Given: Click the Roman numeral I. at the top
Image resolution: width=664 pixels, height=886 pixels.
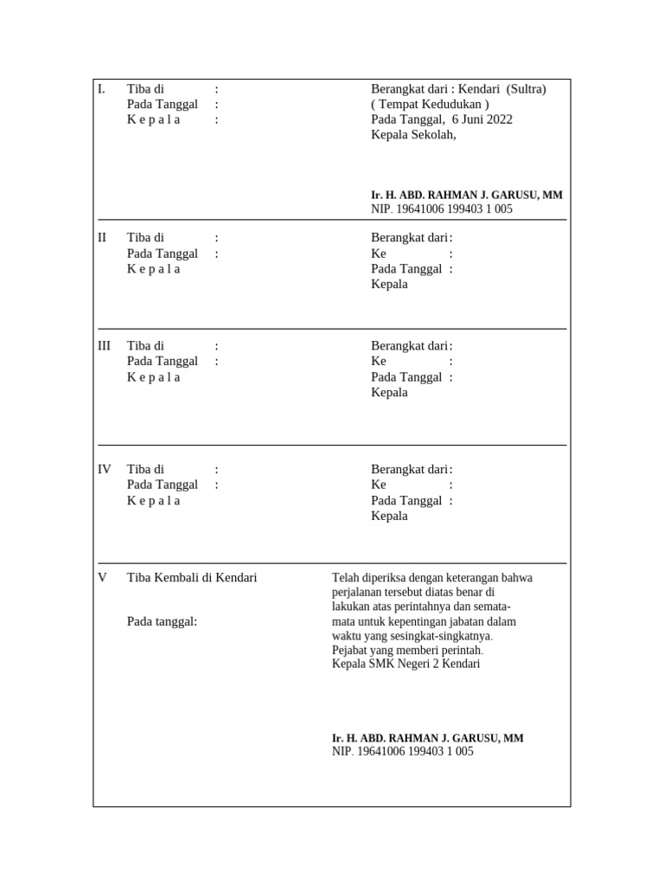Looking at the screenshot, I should click(101, 89).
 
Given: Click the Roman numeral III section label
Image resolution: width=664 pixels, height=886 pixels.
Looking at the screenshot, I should click(104, 346).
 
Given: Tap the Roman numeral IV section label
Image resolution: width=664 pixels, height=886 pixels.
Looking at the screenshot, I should click(104, 470).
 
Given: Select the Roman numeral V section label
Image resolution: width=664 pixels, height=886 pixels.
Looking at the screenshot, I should click(102, 577).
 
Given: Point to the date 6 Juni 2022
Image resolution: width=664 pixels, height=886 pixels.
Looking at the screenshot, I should click(482, 119).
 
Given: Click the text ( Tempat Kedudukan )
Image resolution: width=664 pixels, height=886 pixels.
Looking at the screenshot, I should click(430, 105).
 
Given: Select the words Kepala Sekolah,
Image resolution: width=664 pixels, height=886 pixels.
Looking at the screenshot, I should click(412, 135).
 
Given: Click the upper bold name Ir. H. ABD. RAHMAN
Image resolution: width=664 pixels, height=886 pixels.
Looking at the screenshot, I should click(466, 196).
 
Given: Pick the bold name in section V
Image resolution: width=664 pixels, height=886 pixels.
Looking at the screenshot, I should click(427, 738).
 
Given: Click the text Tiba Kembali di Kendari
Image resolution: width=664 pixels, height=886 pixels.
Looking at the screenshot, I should click(192, 577).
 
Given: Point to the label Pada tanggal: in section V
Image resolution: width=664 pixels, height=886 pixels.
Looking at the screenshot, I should click(163, 620).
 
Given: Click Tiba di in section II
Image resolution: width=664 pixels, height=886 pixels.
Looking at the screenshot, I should click(145, 238).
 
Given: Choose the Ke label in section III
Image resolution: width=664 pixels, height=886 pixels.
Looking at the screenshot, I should click(379, 361).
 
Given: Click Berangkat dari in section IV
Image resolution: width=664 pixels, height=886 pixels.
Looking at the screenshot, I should click(409, 470).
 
